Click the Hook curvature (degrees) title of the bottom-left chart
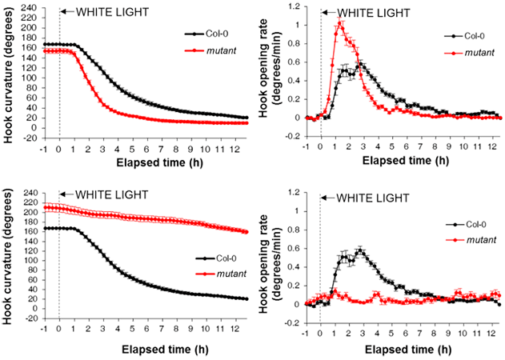(x=9, y=254)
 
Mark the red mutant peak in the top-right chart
(x=340, y=22)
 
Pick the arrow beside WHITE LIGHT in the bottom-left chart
(x=66, y=198)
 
